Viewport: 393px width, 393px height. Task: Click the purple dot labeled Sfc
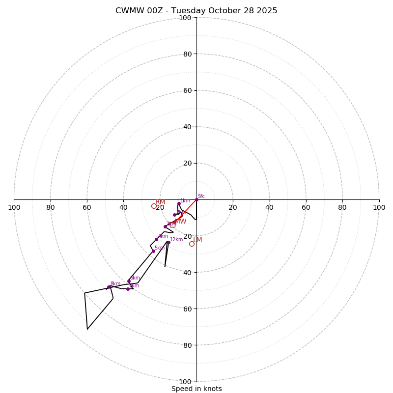[x=196, y=199]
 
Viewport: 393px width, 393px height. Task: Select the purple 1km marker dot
[x=179, y=203]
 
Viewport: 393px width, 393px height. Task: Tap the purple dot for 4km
[x=157, y=239]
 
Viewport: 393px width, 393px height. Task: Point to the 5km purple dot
[x=153, y=251]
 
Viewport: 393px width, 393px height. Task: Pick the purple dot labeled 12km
[x=168, y=242]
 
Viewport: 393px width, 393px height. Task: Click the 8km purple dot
[x=109, y=287]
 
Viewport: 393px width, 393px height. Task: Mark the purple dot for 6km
[x=129, y=281]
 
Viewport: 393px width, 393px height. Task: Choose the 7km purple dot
[x=128, y=289]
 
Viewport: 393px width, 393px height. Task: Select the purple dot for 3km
[x=165, y=226]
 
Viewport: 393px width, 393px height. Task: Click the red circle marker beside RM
[x=154, y=206]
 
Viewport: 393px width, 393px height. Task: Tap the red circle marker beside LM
[x=192, y=244]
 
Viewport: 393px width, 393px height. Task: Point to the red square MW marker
[x=172, y=225]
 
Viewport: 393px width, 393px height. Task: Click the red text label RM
[x=160, y=202]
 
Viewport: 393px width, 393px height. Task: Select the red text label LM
[x=197, y=240]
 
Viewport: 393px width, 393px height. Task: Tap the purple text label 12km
[x=176, y=239]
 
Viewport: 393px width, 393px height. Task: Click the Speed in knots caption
[x=196, y=389]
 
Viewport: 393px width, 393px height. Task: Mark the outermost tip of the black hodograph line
[x=87, y=329]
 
